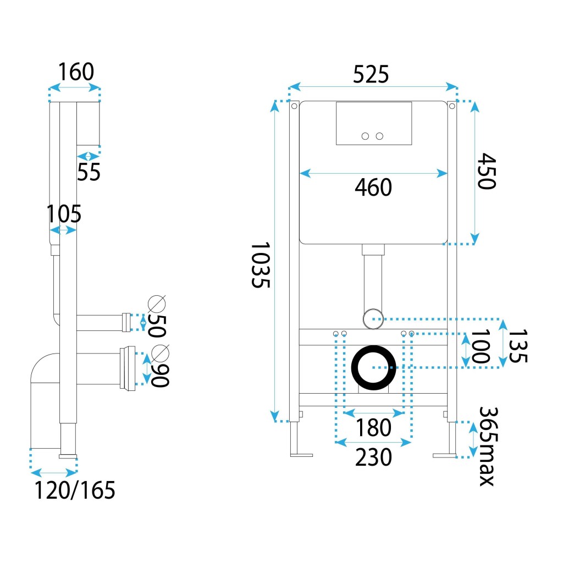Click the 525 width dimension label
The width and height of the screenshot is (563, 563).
tap(371, 74)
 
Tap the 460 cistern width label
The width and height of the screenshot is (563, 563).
tap(373, 188)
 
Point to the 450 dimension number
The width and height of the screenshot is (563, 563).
tap(486, 171)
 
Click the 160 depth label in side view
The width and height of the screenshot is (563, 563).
tap(76, 72)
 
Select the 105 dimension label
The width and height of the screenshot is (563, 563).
tap(63, 214)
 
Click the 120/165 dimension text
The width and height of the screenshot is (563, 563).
tap(75, 490)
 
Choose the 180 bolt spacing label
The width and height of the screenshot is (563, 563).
tap(373, 427)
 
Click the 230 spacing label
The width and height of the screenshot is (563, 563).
tap(373, 457)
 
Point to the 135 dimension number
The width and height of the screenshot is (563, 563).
tap(517, 346)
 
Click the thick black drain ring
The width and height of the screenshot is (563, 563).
tap(374, 367)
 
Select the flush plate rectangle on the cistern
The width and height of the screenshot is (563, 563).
tap(374, 123)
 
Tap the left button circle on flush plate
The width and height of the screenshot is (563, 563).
tap(365, 136)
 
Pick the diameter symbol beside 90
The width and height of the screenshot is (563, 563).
tap(159, 352)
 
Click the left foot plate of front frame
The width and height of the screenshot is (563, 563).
tap(301, 455)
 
